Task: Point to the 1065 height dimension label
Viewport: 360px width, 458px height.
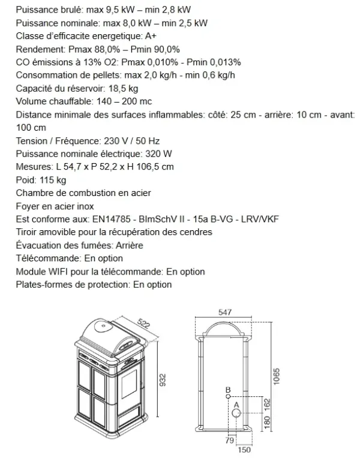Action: coord(277,378)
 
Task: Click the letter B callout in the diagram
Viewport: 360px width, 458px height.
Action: coord(228,390)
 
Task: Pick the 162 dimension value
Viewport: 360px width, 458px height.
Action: coord(268,404)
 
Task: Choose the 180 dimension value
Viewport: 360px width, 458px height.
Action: coord(268,423)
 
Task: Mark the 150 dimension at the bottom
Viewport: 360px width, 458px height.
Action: coord(244,450)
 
